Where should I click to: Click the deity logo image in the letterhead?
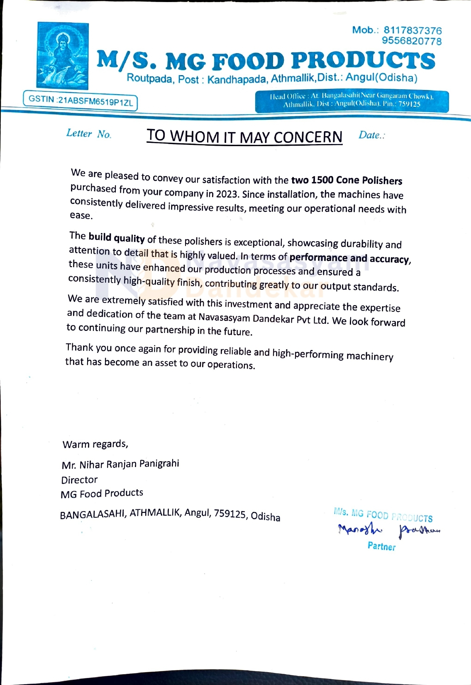[x=63, y=56]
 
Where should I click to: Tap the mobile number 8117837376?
[x=412, y=30]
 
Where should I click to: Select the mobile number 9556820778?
[x=412, y=41]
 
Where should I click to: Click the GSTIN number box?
[x=80, y=101]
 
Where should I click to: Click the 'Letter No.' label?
[x=88, y=134]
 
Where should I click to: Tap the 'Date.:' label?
[x=371, y=135]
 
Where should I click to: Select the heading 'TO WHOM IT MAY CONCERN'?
[x=244, y=136]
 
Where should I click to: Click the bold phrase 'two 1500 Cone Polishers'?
[x=347, y=180]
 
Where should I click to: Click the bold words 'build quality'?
[x=117, y=237]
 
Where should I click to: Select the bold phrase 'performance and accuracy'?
[x=349, y=258]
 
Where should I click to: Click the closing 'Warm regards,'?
[x=95, y=444]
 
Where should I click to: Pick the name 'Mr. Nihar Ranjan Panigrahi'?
[x=120, y=464]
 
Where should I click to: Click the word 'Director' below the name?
[x=79, y=480]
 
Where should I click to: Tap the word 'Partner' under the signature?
[x=381, y=546]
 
